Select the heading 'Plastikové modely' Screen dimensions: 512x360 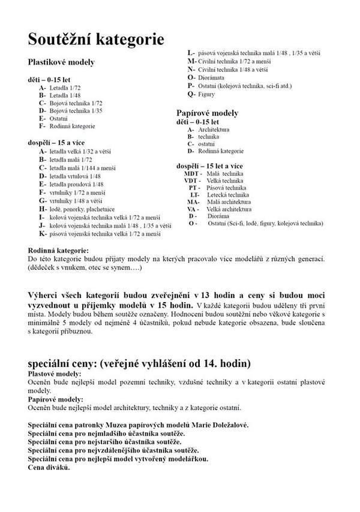(61, 62)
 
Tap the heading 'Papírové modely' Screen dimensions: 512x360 (207, 113)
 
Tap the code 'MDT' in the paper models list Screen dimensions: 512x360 (191, 173)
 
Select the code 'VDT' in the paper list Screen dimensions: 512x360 (191, 180)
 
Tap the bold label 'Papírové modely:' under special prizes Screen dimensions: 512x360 (55, 399)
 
